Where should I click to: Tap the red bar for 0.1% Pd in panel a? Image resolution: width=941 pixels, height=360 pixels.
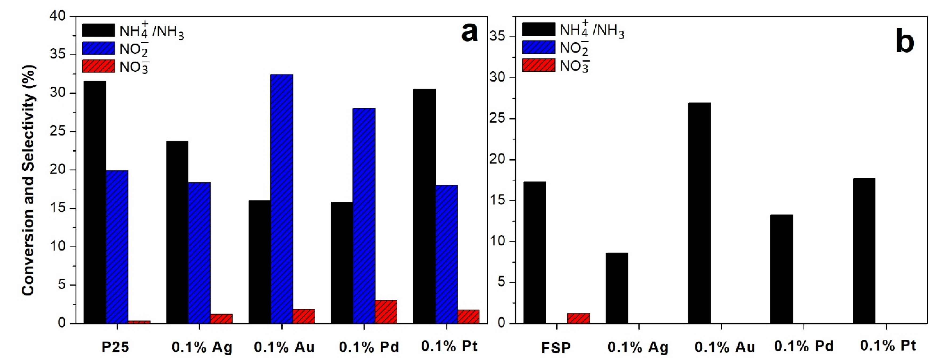tap(386, 312)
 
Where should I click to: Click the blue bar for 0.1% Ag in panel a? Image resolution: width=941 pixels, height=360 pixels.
tap(199, 253)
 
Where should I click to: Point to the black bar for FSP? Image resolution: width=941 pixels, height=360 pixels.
tap(534, 252)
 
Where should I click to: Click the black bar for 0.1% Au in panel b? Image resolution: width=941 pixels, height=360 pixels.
tap(699, 213)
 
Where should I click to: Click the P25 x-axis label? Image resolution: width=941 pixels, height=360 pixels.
tap(115, 347)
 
